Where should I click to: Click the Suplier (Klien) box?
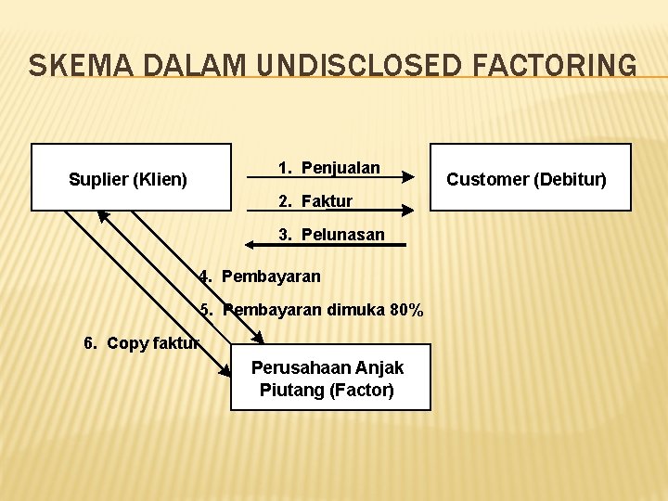pyautogui.click(x=131, y=177)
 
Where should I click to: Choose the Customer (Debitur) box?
pyautogui.click(x=529, y=177)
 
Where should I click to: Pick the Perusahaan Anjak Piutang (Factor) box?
pyautogui.click(x=330, y=378)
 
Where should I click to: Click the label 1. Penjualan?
pyautogui.click(x=329, y=168)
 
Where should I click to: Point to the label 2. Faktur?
pyautogui.click(x=315, y=201)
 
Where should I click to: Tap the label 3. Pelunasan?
pyautogui.click(x=331, y=235)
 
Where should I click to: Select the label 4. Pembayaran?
pyautogui.click(x=260, y=276)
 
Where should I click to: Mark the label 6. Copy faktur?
pyautogui.click(x=141, y=343)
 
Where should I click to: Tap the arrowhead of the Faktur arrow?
pyautogui.click(x=406, y=211)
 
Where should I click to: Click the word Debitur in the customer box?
pyautogui.click(x=574, y=179)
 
